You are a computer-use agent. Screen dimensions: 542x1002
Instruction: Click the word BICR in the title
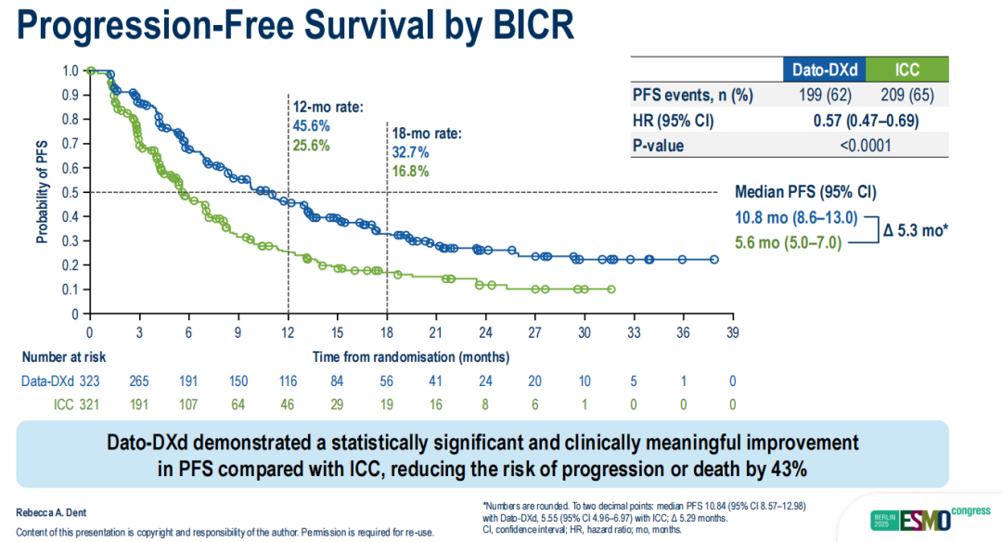click(524, 28)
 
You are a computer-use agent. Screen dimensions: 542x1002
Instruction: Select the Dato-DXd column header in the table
click(819, 70)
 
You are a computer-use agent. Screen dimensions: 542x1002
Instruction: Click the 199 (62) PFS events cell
click(819, 95)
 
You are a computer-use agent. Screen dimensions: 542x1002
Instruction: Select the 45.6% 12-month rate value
click(312, 125)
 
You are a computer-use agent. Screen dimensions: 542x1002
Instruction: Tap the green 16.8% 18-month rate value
click(411, 170)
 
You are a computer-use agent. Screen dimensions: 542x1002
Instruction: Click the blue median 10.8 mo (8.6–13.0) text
click(797, 218)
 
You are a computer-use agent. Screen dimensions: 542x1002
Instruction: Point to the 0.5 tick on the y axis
click(71, 192)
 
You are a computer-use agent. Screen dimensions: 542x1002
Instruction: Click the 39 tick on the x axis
click(731, 333)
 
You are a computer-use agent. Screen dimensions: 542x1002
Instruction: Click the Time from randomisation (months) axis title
click(410, 355)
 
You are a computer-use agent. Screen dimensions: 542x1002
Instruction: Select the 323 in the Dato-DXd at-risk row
click(88, 381)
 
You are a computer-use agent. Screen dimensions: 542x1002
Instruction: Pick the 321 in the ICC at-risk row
click(88, 406)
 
